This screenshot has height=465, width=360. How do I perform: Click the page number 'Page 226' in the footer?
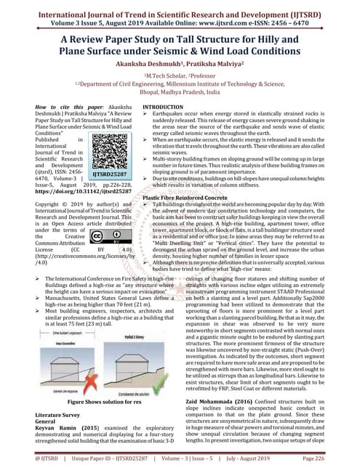tap(336, 458)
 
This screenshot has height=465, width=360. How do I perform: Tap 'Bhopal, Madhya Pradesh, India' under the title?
tap(180, 93)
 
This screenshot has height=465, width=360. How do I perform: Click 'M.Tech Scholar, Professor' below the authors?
tap(180, 76)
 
